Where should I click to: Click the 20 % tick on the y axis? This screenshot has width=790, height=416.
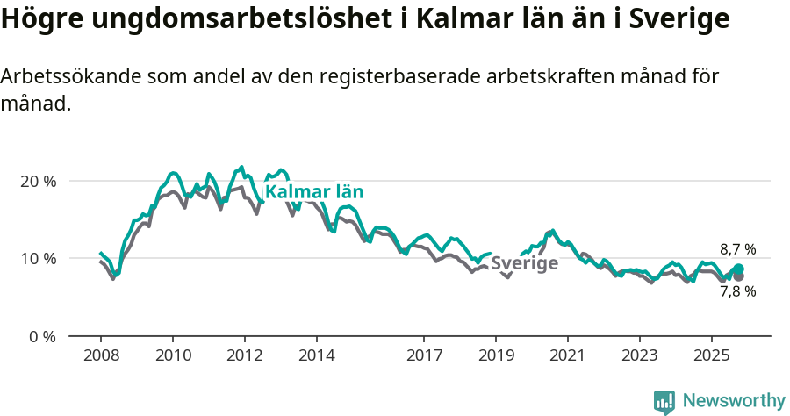click(x=38, y=181)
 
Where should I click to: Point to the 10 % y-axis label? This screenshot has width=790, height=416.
click(x=38, y=258)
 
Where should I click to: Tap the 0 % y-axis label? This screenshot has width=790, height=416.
click(x=41, y=335)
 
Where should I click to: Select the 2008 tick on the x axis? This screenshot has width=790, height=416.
click(x=101, y=357)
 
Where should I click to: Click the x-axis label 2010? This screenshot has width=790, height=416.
click(x=173, y=357)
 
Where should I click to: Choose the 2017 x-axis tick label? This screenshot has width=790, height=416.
click(x=424, y=357)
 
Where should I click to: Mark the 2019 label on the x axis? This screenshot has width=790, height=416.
click(x=496, y=357)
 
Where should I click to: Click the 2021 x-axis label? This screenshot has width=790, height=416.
click(x=568, y=357)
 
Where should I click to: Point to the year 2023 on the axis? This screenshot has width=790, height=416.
click(x=640, y=357)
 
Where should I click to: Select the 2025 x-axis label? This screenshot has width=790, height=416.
click(x=712, y=357)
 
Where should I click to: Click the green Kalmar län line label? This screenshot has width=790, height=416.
click(x=314, y=192)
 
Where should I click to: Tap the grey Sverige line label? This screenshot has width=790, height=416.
click(x=524, y=263)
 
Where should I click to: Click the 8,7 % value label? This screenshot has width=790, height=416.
click(x=737, y=249)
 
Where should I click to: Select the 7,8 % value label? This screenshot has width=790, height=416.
click(x=737, y=291)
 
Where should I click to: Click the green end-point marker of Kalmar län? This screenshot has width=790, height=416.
click(x=738, y=269)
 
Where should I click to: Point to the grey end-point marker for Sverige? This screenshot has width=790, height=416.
click(x=738, y=276)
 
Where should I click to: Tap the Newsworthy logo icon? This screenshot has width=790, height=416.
click(x=664, y=402)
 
